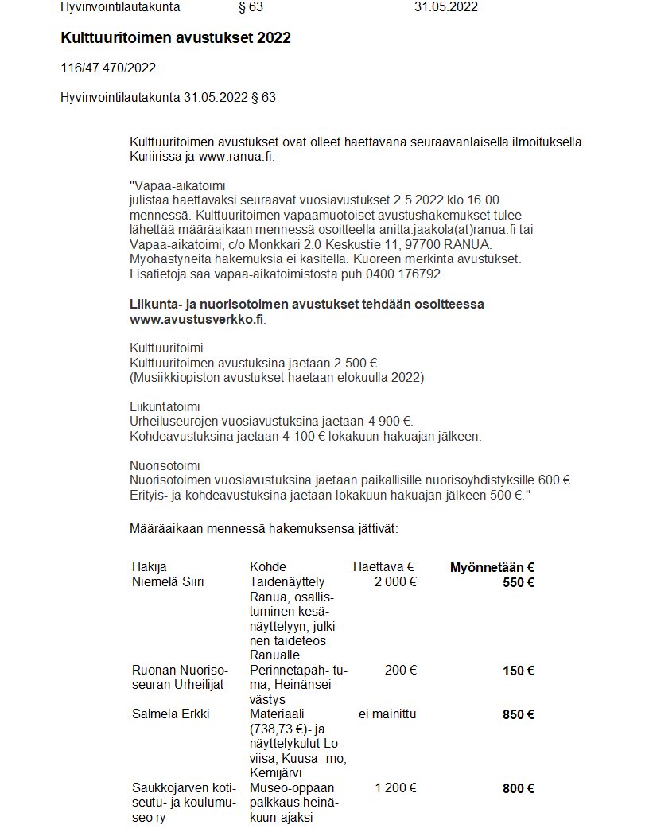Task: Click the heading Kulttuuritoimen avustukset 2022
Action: [175, 38]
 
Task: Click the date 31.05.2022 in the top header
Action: [445, 8]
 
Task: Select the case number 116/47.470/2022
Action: [108, 68]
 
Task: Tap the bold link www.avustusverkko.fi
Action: [196, 319]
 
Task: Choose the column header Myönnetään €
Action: [492, 567]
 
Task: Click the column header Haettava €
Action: [384, 567]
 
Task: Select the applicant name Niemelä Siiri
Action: [168, 582]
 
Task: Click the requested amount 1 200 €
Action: [396, 788]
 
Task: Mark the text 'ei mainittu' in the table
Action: [387, 714]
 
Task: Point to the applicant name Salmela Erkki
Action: [170, 714]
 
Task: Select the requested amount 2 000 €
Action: [396, 582]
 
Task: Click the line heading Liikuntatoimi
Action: [164, 406]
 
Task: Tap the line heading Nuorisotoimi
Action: [165, 465]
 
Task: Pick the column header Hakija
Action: [150, 567]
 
